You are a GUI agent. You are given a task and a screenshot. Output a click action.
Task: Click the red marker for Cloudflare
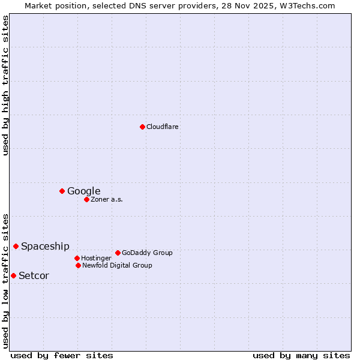click(142, 127)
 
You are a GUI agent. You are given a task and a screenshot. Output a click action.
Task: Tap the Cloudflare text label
click(162, 127)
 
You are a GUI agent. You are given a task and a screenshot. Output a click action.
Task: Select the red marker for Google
click(62, 191)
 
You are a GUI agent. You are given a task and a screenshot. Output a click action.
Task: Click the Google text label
click(83, 191)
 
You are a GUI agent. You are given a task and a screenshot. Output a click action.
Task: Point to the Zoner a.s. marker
click(86, 199)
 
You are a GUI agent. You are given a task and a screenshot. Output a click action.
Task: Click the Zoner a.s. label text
click(107, 199)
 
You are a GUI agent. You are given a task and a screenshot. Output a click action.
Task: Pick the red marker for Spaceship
click(16, 246)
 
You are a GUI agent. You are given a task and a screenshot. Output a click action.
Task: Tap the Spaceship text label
click(45, 247)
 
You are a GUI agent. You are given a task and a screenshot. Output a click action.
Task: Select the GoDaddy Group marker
click(118, 253)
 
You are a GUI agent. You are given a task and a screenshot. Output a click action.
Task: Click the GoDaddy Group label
click(147, 253)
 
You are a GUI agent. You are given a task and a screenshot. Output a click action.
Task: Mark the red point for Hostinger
click(77, 258)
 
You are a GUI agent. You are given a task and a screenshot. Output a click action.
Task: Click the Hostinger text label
click(96, 258)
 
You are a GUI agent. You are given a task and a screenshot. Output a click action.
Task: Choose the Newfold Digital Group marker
click(78, 265)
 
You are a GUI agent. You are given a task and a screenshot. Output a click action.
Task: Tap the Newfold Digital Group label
click(117, 265)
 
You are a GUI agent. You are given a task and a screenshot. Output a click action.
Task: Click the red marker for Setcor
click(13, 275)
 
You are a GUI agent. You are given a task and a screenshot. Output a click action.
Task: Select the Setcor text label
click(34, 276)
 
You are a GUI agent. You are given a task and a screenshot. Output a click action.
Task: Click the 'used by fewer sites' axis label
click(62, 355)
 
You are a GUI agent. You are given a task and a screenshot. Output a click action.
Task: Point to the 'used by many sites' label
click(301, 355)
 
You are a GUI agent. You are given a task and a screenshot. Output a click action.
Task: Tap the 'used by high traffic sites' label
click(5, 86)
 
